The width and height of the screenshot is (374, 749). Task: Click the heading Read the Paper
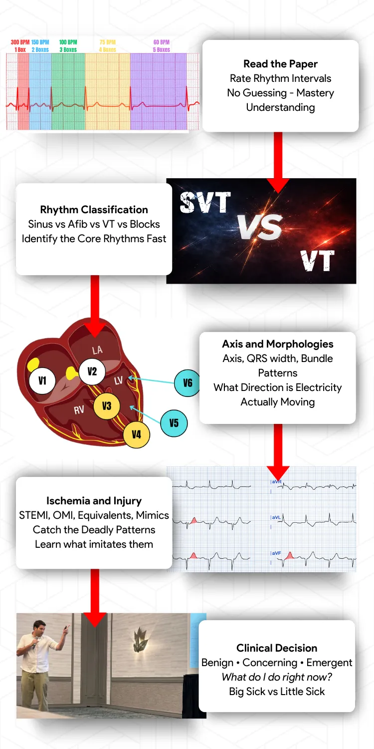(x=280, y=64)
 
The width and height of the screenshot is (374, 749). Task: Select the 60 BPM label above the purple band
(x=162, y=42)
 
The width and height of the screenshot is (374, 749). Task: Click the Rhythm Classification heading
(x=94, y=210)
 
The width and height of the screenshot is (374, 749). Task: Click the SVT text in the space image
(x=205, y=203)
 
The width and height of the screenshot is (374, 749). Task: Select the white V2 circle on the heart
(x=92, y=371)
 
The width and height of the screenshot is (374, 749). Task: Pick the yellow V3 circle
(x=107, y=405)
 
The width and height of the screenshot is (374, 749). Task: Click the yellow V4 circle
(x=136, y=434)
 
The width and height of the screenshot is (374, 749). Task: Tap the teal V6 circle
(x=187, y=383)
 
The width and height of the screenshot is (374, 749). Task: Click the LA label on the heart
(x=97, y=350)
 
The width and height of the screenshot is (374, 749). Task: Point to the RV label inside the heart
(x=78, y=410)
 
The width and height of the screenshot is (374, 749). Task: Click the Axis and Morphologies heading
(x=278, y=344)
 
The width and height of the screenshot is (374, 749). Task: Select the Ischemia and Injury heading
(x=94, y=501)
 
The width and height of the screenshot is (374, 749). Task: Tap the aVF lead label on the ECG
(x=276, y=553)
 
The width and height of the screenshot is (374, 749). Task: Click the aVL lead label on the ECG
(x=276, y=517)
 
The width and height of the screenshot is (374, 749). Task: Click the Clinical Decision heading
(x=277, y=648)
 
